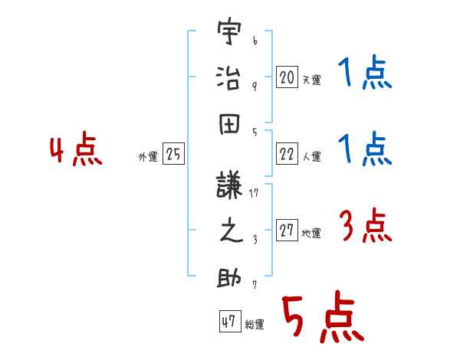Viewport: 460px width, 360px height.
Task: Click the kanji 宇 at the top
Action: click(229, 33)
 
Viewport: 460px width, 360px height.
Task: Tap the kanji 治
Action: click(229, 78)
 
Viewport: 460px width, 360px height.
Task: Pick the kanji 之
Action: click(229, 231)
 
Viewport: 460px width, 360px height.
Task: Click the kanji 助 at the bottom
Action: click(229, 277)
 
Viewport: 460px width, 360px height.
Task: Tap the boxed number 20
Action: click(287, 77)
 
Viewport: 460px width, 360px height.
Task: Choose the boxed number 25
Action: click(173, 155)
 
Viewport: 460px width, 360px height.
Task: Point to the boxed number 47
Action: click(228, 322)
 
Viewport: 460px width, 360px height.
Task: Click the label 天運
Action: click(310, 80)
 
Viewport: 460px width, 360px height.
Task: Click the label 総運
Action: click(254, 325)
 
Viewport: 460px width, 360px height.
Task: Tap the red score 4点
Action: click(76, 151)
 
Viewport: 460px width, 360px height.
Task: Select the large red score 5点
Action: click(321, 319)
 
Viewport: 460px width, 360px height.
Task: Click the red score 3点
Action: click(365, 227)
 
